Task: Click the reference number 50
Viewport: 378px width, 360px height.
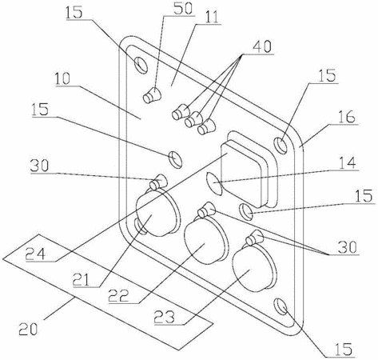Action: click(182, 8)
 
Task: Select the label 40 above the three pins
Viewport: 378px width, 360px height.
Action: click(262, 46)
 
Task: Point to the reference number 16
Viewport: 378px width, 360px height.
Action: click(346, 117)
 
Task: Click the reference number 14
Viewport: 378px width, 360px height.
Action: click(346, 163)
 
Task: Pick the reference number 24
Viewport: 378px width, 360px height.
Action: click(36, 254)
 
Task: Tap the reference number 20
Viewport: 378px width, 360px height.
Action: click(28, 328)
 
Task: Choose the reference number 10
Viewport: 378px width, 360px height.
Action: click(62, 78)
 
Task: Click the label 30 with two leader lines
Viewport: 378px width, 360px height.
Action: click(347, 247)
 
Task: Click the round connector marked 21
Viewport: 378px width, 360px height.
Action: click(157, 214)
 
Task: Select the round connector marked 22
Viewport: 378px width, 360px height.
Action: click(205, 242)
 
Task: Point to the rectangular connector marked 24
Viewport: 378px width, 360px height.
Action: click(249, 170)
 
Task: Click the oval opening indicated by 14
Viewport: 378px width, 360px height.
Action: click(213, 183)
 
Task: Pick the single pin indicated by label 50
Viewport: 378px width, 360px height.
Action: click(152, 95)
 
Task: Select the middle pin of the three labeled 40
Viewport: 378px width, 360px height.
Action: click(193, 119)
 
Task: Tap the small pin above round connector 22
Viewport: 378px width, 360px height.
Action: click(206, 210)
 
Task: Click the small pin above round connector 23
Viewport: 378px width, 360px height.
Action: click(254, 237)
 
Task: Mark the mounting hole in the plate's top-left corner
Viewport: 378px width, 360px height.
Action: click(141, 65)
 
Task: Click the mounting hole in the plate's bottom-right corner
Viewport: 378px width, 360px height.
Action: click(281, 306)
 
